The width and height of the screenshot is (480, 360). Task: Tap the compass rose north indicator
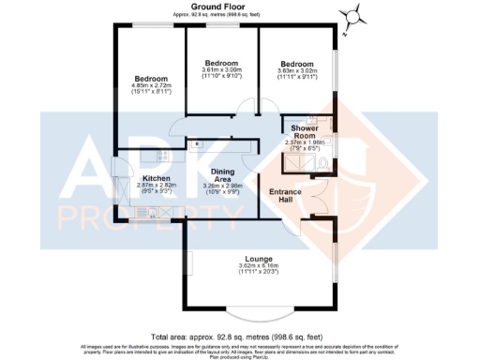coord(352,16)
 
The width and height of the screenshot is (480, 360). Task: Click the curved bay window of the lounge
coord(255,310)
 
